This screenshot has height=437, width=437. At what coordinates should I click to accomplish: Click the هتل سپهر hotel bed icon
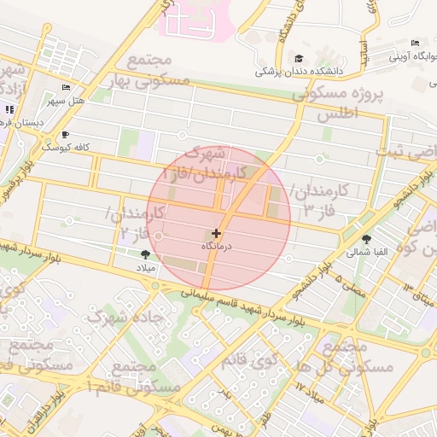pyautogui.click(x=67, y=89)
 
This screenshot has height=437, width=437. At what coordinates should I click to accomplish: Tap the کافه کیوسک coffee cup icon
pyautogui.click(x=66, y=135)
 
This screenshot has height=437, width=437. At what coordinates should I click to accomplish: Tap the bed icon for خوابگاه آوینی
pyautogui.click(x=416, y=44)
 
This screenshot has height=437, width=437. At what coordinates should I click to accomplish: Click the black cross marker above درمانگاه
pyautogui.click(x=216, y=233)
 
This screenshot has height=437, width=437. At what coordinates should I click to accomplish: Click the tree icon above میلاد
pyautogui.click(x=144, y=253)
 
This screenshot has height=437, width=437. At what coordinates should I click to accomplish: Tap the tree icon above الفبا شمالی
pyautogui.click(x=367, y=239)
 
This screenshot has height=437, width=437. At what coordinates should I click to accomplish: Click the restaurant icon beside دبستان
pyautogui.click(x=9, y=109)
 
